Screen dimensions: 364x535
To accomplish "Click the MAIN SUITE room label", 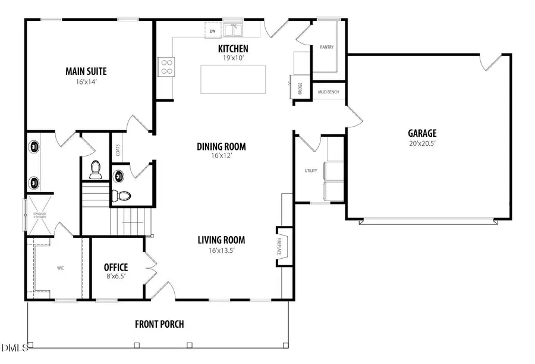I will [90, 71].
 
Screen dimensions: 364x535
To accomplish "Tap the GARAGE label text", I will [422, 133].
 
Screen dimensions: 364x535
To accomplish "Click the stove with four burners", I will [165, 66].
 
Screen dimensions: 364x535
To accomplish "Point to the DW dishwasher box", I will [212, 30].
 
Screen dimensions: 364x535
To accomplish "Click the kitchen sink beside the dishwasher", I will [232, 29].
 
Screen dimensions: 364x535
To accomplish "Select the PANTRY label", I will [326, 47].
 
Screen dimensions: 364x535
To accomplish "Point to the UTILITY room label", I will [310, 171].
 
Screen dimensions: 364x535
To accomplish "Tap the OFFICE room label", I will [116, 267].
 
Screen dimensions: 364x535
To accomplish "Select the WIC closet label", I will [60, 268].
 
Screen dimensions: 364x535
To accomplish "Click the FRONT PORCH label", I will [159, 324].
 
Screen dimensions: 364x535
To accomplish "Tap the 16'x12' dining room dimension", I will [221, 156].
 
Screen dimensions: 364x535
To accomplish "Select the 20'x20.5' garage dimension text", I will [422, 143].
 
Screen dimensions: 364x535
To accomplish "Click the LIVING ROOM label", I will [221, 240].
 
